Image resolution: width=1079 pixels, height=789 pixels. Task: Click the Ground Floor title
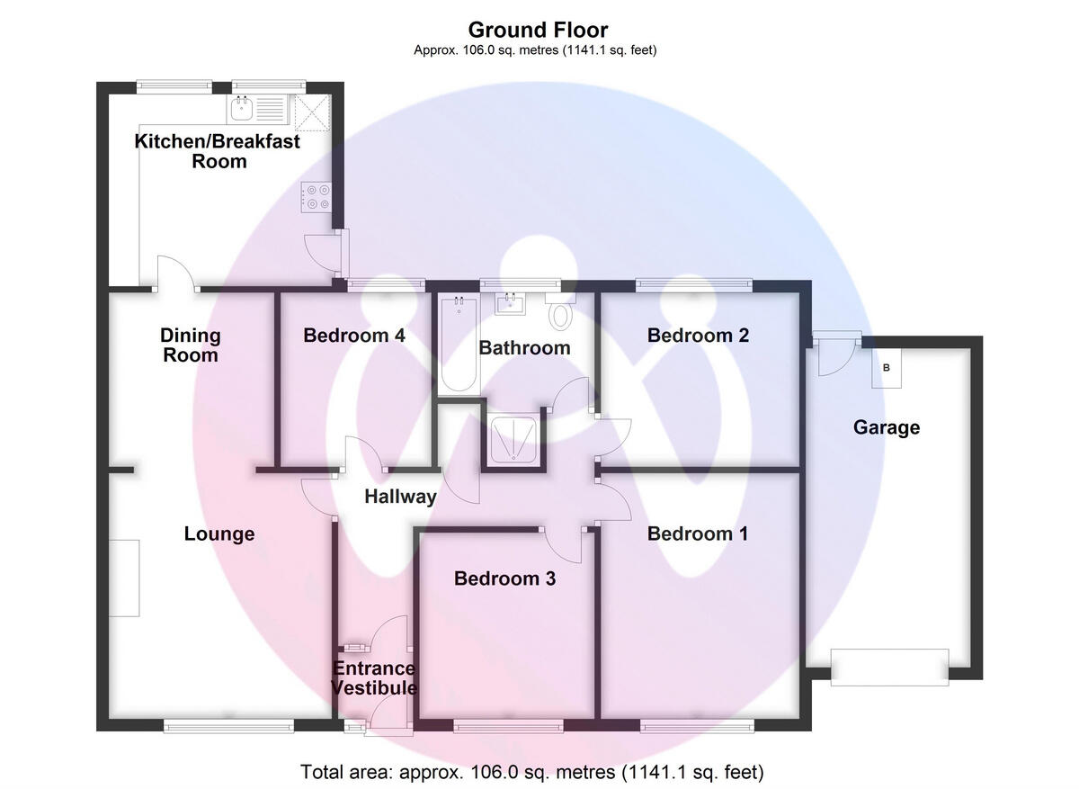pyautogui.click(x=538, y=31)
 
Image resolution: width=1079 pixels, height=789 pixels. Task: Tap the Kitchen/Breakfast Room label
pyautogui.click(x=218, y=151)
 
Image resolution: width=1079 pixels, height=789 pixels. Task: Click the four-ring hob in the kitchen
pyautogui.click(x=315, y=197)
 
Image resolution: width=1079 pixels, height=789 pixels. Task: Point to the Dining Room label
pyautogui.click(x=190, y=345)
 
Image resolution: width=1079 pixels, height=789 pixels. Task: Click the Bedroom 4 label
pyautogui.click(x=354, y=336)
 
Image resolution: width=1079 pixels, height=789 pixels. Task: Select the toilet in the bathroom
pyautogui.click(x=561, y=315)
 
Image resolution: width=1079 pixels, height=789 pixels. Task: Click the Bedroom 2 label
pyautogui.click(x=698, y=336)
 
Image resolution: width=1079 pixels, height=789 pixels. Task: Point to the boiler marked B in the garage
pyautogui.click(x=887, y=368)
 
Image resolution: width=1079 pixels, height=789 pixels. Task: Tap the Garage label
pyautogui.click(x=887, y=427)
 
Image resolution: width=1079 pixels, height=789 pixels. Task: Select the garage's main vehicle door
pyautogui.click(x=888, y=667)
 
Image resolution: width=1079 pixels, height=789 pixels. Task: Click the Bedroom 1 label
pyautogui.click(x=698, y=533)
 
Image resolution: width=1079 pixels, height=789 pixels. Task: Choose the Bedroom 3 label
pyautogui.click(x=504, y=578)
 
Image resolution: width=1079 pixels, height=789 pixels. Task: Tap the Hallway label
pyautogui.click(x=400, y=496)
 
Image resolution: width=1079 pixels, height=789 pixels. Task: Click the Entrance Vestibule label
pyautogui.click(x=374, y=678)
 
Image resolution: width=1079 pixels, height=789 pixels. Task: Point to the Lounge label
pyautogui.click(x=219, y=533)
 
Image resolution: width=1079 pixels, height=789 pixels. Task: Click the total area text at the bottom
pyautogui.click(x=532, y=772)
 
